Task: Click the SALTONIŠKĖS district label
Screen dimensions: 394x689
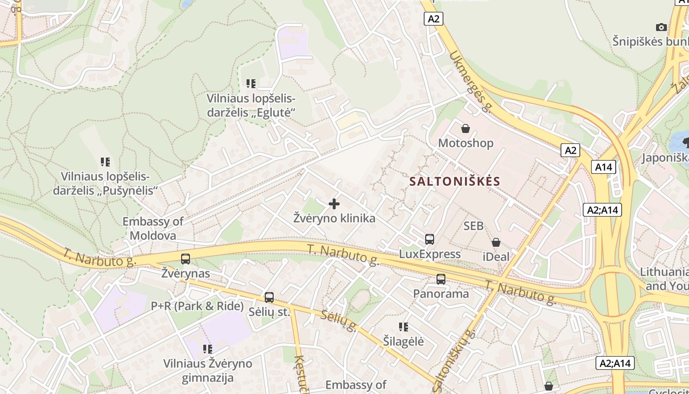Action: coord(455,181)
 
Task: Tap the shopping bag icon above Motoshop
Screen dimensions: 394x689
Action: coord(465,129)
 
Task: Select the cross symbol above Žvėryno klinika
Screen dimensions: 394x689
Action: coord(334,203)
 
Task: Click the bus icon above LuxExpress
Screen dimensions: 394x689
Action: coord(430,239)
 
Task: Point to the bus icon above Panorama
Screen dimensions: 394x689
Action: coord(441,279)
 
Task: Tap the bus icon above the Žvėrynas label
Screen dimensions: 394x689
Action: coord(186,259)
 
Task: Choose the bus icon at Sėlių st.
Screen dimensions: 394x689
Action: coord(269,297)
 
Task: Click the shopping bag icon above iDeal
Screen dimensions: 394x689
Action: coord(496,242)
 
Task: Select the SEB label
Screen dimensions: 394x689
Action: coord(473,226)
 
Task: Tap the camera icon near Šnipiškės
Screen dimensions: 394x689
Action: coord(661,27)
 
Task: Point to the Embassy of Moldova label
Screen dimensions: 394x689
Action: coord(153,229)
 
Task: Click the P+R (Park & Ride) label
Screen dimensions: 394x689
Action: coord(197,306)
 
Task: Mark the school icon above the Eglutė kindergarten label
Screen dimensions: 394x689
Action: coord(251,84)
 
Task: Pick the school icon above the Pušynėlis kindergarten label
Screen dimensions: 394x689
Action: coord(105,162)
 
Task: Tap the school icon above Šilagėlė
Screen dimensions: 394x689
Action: coord(404,327)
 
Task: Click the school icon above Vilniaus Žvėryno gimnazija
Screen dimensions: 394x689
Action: coord(208,349)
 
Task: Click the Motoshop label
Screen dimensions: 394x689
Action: coord(466,143)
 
